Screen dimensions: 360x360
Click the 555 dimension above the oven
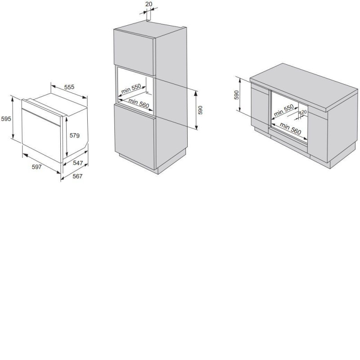click(69, 87)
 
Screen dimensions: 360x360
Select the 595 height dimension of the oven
click(6, 119)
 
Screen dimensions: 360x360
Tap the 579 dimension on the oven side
click(75, 136)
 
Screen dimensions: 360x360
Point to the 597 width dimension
click(37, 166)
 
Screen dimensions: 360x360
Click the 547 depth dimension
click(78, 163)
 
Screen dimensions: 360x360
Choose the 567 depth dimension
click(77, 176)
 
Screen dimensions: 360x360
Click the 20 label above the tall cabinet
click(149, 4)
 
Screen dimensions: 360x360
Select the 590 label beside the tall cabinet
click(200, 110)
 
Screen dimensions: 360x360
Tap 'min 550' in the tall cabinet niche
click(131, 89)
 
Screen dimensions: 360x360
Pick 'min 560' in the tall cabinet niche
click(139, 103)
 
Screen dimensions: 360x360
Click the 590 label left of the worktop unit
click(237, 95)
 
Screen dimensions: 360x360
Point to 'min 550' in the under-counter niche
click(284, 110)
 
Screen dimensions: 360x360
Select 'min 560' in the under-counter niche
click(290, 129)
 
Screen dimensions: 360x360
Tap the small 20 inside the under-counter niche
click(304, 112)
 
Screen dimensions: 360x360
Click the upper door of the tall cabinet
click(134, 52)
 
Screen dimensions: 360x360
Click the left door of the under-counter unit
click(260, 108)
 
